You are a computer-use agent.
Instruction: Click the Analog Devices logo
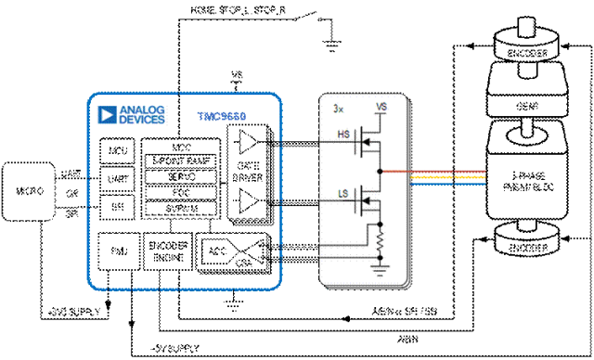click(132, 115)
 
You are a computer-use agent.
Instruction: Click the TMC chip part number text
click(222, 117)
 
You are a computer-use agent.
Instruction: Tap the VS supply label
click(381, 108)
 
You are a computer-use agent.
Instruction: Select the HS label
click(343, 135)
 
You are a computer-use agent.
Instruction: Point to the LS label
click(343, 193)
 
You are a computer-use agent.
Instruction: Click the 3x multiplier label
click(339, 109)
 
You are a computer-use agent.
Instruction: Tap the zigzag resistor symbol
click(381, 240)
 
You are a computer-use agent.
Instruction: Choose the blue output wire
click(445, 184)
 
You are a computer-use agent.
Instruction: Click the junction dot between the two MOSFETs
click(381, 172)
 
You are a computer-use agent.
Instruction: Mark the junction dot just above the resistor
click(381, 224)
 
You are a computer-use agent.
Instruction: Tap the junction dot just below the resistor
click(381, 254)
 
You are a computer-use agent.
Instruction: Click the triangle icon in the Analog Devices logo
click(108, 115)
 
